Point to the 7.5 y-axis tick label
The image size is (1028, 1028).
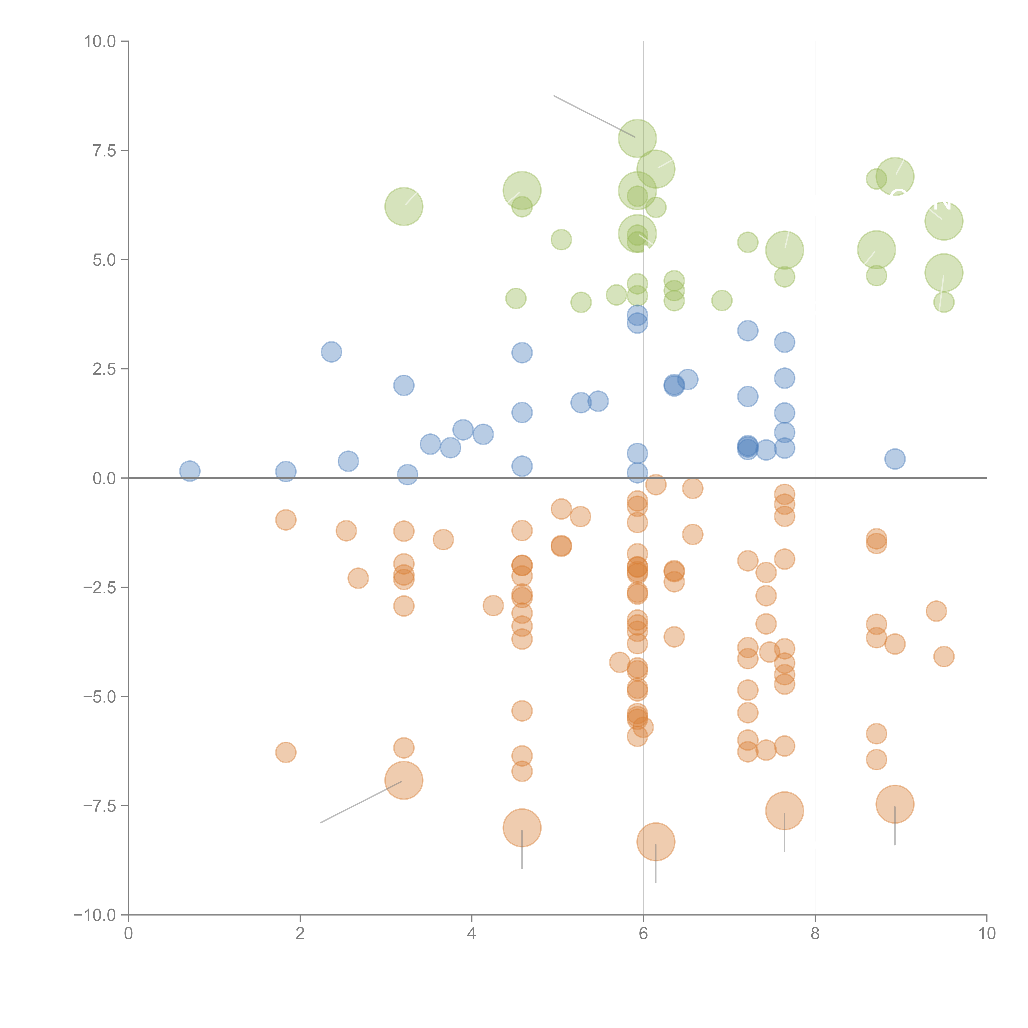104,150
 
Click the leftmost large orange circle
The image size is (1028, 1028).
404,781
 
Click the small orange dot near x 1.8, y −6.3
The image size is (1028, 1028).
286,752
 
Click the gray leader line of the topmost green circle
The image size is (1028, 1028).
593,116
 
